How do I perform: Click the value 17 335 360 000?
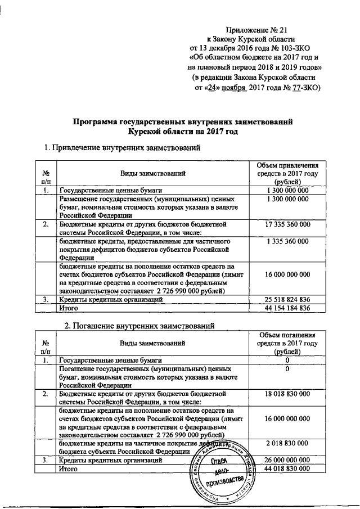[x=287, y=224]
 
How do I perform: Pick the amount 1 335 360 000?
[x=287, y=241]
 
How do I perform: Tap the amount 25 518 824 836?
[x=287, y=300]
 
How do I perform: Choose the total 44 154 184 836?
[x=287, y=308]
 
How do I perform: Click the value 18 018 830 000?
[x=287, y=395]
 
